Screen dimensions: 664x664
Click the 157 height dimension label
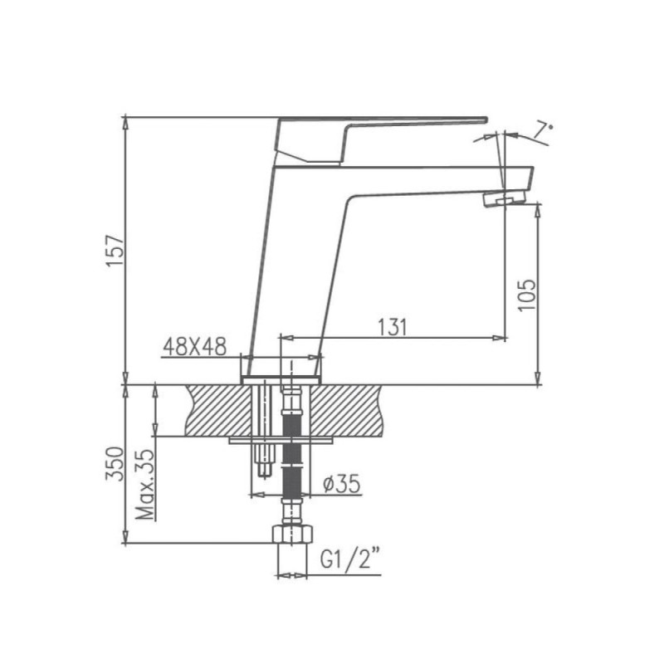[x=115, y=251]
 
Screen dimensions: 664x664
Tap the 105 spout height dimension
[x=527, y=295]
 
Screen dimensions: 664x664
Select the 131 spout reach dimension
[x=392, y=327]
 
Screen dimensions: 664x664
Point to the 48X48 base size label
[x=195, y=347]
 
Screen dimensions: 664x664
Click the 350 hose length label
[x=115, y=464]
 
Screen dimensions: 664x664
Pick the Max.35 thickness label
[x=145, y=485]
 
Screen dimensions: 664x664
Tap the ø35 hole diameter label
[x=341, y=484]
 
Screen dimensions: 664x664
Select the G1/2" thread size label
[x=349, y=560]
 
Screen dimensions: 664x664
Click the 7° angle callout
[x=543, y=131]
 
